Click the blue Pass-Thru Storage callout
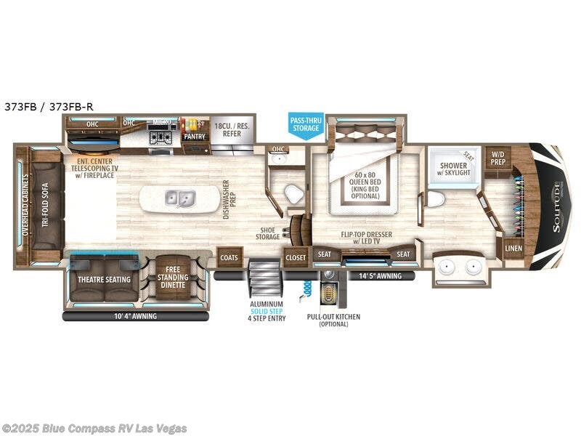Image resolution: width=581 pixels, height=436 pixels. point(305,124)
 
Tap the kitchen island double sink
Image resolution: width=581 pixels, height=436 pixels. point(179,198)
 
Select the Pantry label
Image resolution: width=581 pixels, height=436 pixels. point(194,136)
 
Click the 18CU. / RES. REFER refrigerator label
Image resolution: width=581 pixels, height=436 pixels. point(232,131)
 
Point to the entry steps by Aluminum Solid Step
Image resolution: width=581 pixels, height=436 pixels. point(261,276)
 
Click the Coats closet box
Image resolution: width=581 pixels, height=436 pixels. point(230,257)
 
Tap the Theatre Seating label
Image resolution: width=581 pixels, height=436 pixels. point(104,279)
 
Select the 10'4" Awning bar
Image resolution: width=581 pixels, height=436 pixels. point(136,316)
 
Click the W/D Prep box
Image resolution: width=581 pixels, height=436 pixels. point(497,158)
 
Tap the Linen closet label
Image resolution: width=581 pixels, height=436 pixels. point(513,249)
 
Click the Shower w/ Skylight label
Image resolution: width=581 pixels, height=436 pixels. point(455,169)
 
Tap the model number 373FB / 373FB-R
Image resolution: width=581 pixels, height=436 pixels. point(49,106)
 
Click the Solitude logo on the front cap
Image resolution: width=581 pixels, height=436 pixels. point(556,206)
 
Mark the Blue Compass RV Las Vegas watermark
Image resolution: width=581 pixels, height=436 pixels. point(94,428)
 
